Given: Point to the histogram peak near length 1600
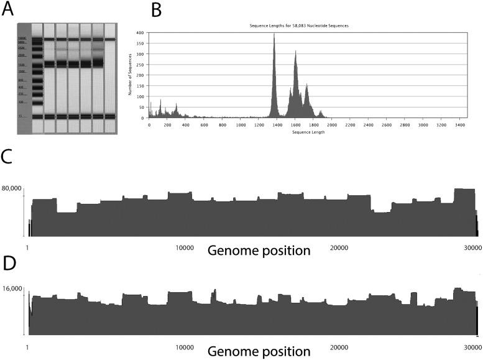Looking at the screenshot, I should coord(295,53).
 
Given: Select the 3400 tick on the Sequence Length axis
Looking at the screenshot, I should coord(459,124).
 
